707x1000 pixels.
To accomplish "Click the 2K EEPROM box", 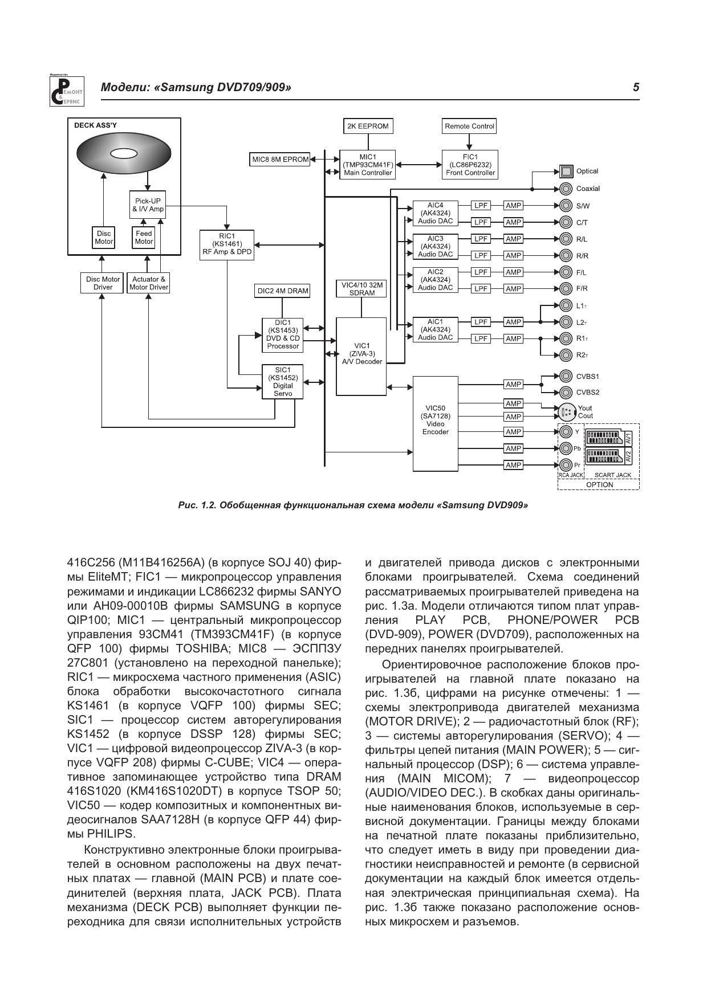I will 368,126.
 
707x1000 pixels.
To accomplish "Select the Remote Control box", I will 469,126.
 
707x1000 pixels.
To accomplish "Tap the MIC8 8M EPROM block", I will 281,160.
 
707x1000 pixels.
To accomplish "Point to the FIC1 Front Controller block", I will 470,165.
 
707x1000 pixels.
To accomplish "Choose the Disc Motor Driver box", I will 103,283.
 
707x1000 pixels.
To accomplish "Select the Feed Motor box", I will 144,238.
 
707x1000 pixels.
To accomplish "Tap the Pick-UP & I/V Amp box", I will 148,205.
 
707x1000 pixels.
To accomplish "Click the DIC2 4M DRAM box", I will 283,291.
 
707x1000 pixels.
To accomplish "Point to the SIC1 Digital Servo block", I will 283,382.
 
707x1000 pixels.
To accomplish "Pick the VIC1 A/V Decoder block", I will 361,356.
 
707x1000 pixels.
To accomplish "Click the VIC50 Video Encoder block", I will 435,423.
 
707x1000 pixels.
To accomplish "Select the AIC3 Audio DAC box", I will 435,247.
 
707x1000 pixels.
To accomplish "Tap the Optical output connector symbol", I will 566,171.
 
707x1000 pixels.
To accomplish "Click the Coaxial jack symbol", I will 566,189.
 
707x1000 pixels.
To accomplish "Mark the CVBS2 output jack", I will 566,392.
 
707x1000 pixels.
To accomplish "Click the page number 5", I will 636,87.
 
